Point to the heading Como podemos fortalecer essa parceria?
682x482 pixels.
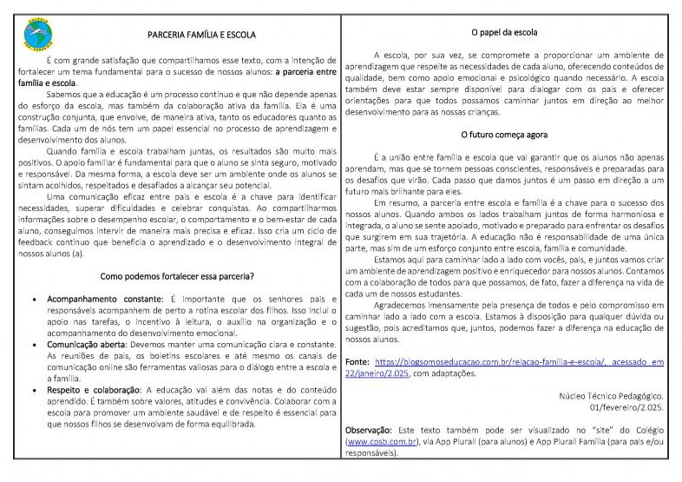point(177,276)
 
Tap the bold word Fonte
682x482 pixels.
point(357,360)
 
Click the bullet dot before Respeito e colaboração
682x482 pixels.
point(33,391)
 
